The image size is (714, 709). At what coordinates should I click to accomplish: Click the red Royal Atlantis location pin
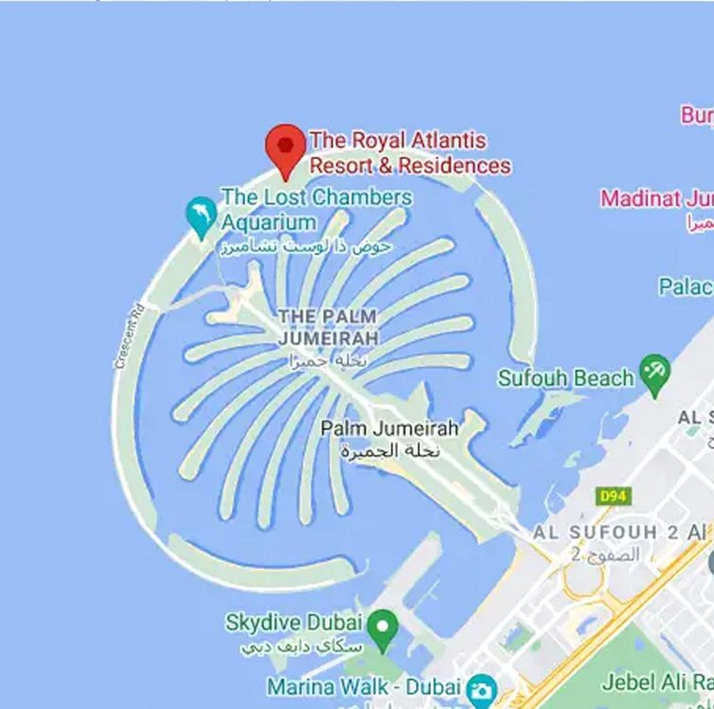(x=286, y=146)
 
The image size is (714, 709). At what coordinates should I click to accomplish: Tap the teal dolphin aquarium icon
(x=202, y=215)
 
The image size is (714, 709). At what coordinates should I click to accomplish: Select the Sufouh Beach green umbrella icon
(x=655, y=372)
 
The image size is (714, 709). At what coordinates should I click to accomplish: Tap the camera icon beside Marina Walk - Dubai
(x=482, y=690)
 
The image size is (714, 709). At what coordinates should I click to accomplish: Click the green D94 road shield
(x=613, y=496)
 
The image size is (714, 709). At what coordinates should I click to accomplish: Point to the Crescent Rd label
(x=129, y=336)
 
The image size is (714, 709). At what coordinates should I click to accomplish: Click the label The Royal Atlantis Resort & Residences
(x=409, y=153)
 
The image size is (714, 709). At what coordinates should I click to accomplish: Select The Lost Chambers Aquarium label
(x=316, y=209)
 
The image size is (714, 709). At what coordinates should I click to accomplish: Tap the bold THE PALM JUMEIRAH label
(x=328, y=327)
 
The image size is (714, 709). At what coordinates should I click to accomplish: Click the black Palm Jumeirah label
(x=389, y=428)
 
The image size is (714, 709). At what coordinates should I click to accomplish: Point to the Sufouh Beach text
(x=566, y=378)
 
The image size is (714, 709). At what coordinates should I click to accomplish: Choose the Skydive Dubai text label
(x=294, y=622)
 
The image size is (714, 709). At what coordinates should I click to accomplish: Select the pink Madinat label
(x=657, y=199)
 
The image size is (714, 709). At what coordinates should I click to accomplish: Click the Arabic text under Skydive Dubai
(x=302, y=647)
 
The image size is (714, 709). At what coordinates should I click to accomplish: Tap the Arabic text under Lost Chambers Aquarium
(x=306, y=247)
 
